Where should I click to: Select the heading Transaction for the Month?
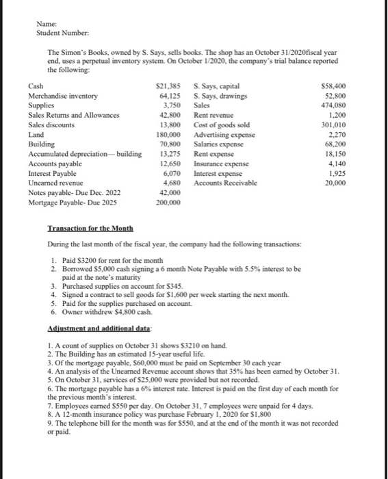(90, 228)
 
